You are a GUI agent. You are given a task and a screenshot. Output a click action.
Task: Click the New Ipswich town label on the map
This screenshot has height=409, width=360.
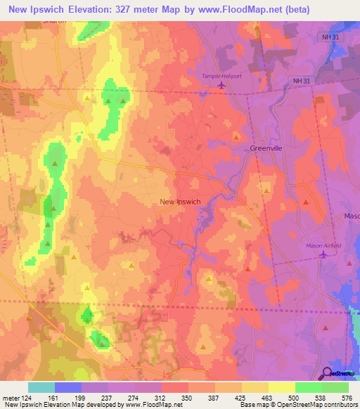tap(180, 202)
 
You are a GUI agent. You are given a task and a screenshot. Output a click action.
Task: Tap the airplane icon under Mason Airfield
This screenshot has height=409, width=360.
tap(323, 255)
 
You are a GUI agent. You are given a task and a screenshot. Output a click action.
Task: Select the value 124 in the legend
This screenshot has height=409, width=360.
tap(27, 397)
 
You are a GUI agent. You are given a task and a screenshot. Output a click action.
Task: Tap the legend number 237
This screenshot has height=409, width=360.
tap(108, 397)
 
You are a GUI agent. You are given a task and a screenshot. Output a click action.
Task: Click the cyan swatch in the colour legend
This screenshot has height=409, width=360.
tap(41, 387)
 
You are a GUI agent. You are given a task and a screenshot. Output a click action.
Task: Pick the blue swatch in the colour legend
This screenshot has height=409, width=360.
tap(67, 387)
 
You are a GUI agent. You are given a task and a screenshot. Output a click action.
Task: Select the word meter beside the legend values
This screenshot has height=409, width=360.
tap(9, 397)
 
